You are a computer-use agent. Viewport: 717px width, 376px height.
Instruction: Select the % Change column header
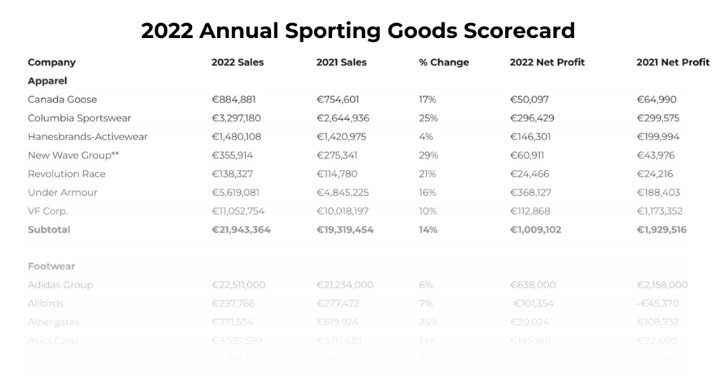[444, 62]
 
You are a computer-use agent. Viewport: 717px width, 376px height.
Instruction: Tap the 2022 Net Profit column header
[547, 62]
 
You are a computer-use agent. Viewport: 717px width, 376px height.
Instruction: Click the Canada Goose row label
[62, 100]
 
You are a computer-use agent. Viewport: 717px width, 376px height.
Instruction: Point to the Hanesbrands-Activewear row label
[88, 137]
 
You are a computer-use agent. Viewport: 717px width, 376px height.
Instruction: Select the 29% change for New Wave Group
[427, 155]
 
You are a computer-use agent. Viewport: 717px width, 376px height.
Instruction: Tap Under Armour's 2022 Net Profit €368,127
[536, 192]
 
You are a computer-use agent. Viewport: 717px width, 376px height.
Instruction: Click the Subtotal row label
[49, 229]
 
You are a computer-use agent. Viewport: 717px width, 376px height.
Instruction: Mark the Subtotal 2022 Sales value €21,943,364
[241, 229]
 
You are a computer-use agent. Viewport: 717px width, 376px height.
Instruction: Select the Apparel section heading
[47, 81]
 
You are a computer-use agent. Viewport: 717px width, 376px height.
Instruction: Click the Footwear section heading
[51, 267]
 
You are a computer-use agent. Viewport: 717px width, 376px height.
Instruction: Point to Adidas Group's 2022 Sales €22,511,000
[240, 285]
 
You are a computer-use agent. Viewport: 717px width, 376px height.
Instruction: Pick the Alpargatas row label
[53, 322]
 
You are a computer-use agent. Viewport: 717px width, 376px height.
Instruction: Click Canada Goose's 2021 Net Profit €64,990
[656, 100]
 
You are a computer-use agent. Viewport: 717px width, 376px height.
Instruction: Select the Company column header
[51, 62]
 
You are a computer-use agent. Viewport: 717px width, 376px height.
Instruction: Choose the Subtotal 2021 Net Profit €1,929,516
[661, 229]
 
